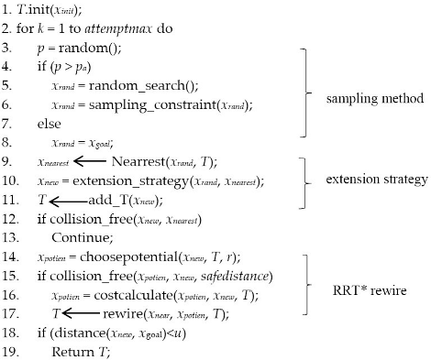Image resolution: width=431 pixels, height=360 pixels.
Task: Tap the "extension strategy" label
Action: click(375, 179)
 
